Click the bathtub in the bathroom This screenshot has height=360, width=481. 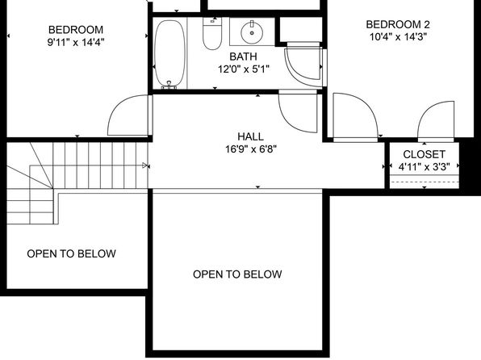pos(169,53)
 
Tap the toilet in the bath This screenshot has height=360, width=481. pos(212,33)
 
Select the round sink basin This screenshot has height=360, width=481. pos(252,32)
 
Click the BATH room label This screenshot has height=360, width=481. pos(243,57)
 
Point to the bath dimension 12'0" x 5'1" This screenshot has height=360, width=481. pos(244,69)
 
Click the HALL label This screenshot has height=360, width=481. pos(251,136)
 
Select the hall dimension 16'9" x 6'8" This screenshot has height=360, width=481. pos(251,149)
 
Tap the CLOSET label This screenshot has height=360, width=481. pos(424,154)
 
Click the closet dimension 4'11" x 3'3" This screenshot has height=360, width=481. pos(425,167)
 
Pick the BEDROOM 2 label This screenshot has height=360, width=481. pos(398,24)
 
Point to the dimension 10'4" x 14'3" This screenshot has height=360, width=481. pos(398,37)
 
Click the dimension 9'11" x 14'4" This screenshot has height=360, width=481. pos(76,42)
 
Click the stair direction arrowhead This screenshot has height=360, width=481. pos(144,165)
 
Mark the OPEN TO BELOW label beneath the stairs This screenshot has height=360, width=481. pos(72,253)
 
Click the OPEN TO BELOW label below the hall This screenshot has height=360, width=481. pos(237,274)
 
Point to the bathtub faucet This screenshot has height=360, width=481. pos(169,86)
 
